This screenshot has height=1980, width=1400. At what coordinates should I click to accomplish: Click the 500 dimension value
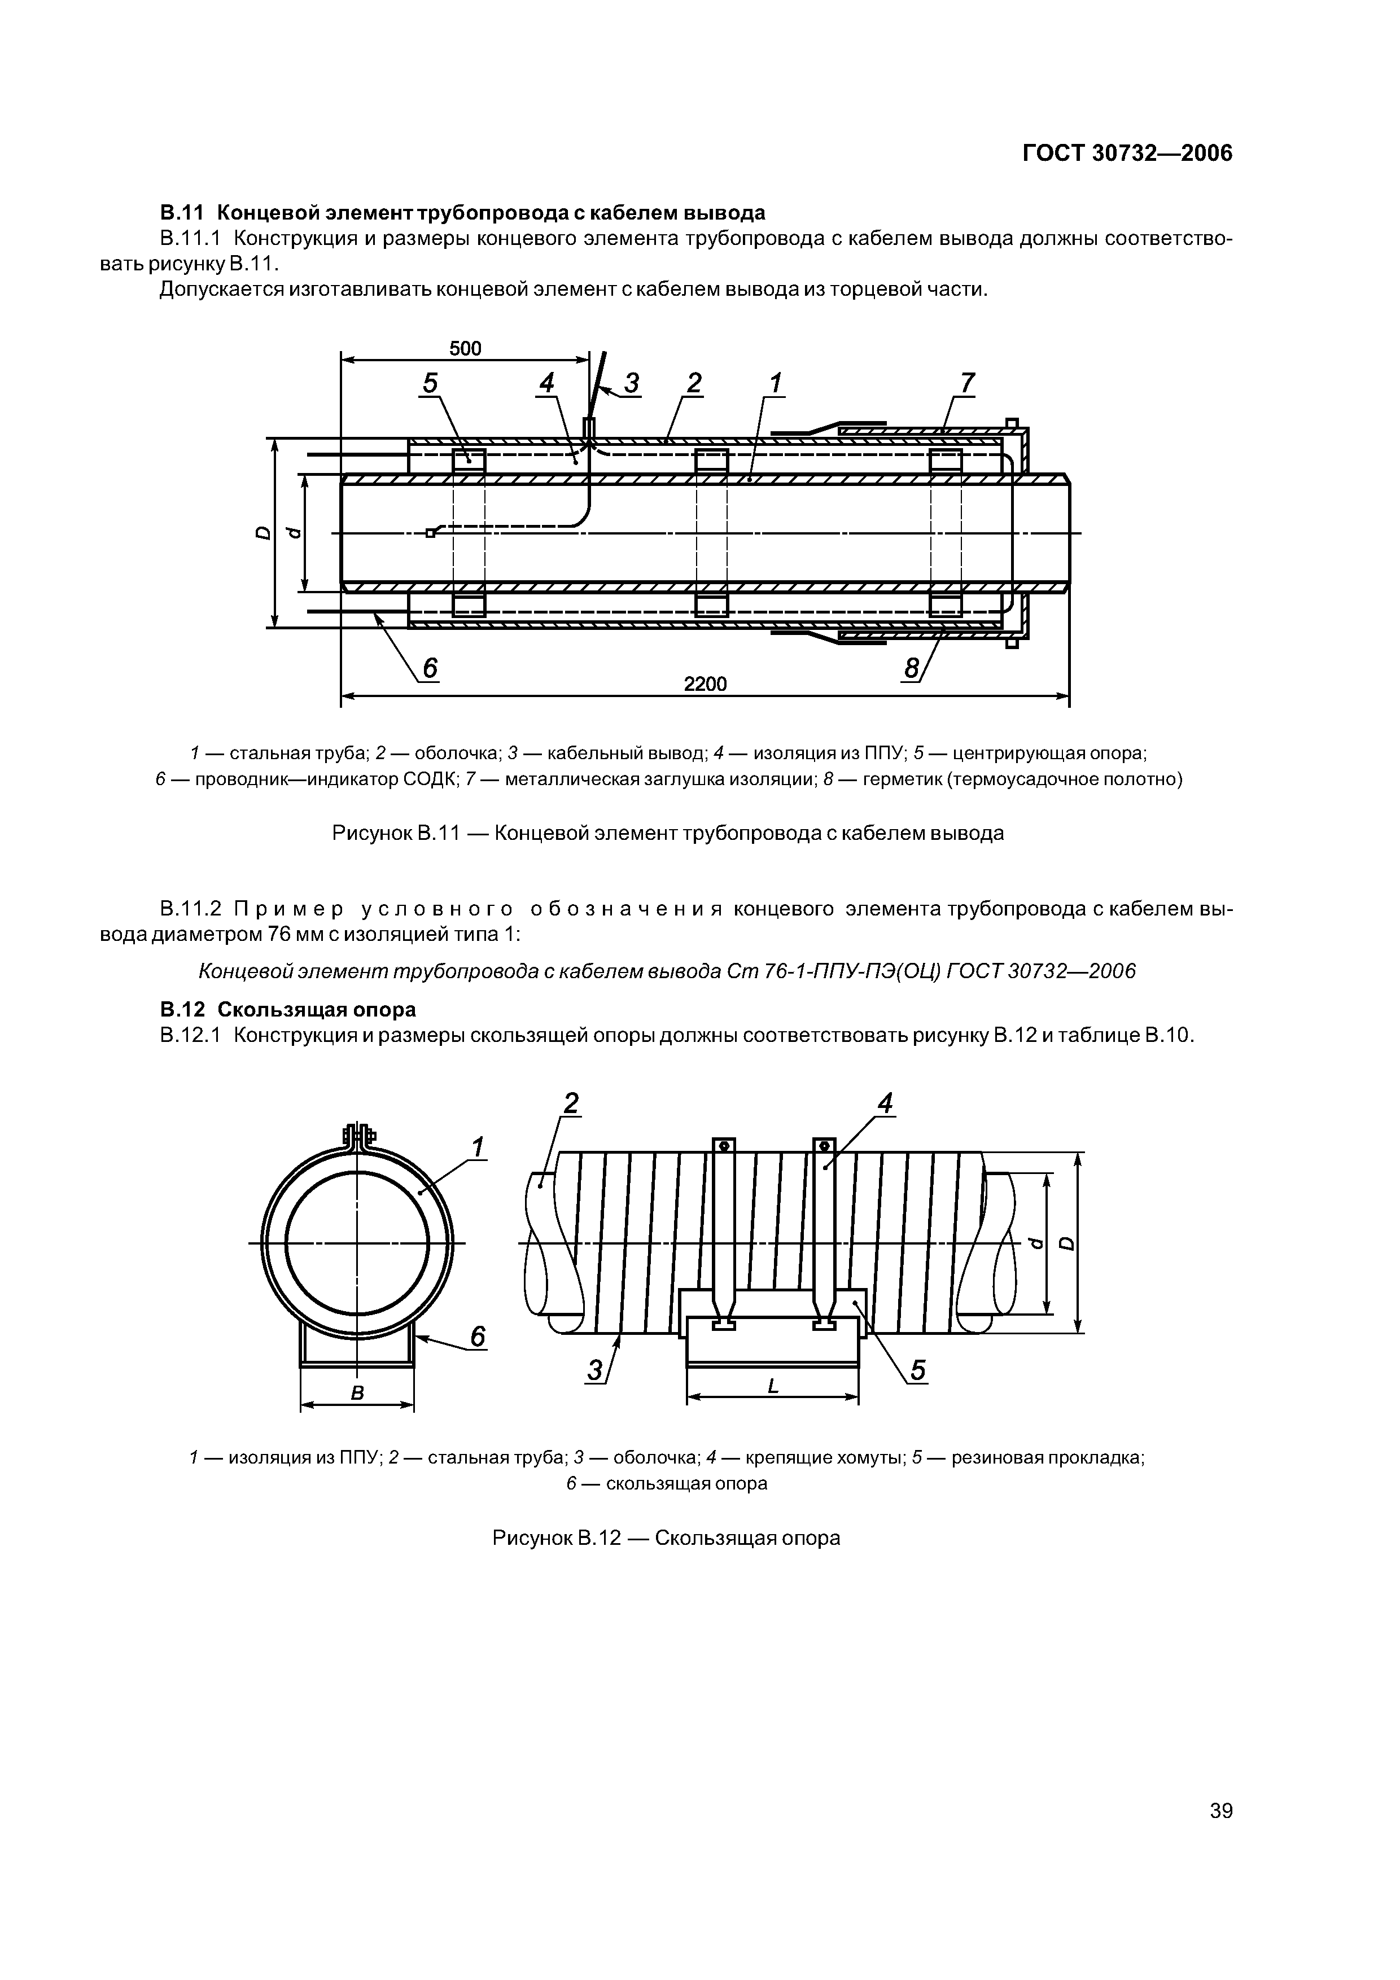tap(465, 348)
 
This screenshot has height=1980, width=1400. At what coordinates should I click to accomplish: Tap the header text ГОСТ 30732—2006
tap(1127, 154)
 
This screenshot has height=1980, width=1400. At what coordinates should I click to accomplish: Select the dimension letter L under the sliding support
tap(772, 1386)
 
